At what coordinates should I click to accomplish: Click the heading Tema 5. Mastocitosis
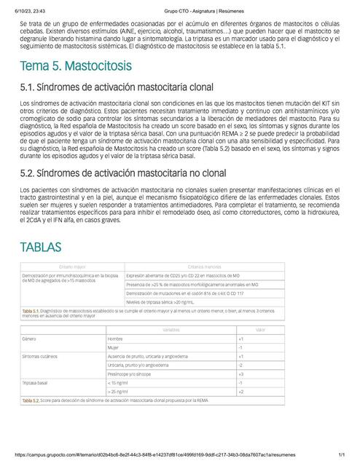tap(76, 66)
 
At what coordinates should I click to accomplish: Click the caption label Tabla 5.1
tap(31, 310)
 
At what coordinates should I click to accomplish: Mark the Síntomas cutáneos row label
tap(40, 356)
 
